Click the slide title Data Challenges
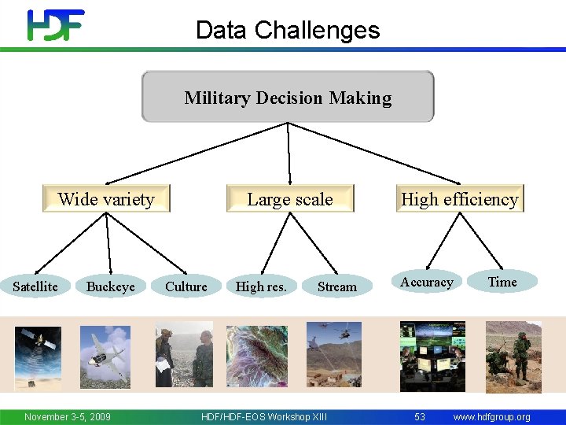pyautogui.click(x=288, y=30)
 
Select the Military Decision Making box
pyautogui.click(x=288, y=97)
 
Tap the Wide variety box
pyautogui.click(x=106, y=199)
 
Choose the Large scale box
pyautogui.click(x=290, y=199)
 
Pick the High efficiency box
pyautogui.click(x=460, y=199)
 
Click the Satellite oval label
pyautogui.click(x=35, y=286)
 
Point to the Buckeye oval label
pyautogui.click(x=110, y=286)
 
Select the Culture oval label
pyautogui.click(x=186, y=286)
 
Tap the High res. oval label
pyautogui.click(x=261, y=286)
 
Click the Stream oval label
pyautogui.click(x=336, y=286)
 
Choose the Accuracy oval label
pyautogui.click(x=427, y=282)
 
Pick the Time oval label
pyautogui.click(x=502, y=282)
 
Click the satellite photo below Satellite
pyautogui.click(x=37, y=357)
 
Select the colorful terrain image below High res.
pyautogui.click(x=257, y=356)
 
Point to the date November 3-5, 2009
pyautogui.click(x=68, y=416)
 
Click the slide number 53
pyautogui.click(x=420, y=416)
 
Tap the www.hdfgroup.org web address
pyautogui.click(x=492, y=416)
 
